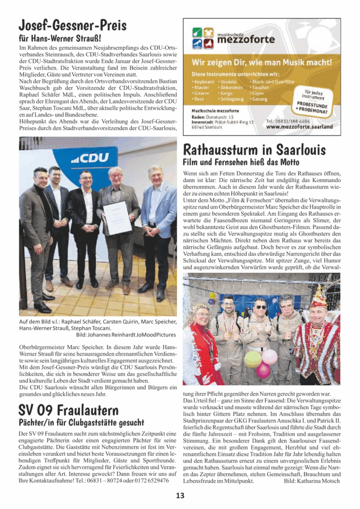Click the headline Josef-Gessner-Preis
72,24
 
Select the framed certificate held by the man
117,217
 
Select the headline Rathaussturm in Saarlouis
254,149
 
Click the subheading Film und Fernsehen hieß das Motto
241,162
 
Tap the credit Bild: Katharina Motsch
312,481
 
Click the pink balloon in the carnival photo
270,356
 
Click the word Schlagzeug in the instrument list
232,99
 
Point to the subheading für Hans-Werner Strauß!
60,38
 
